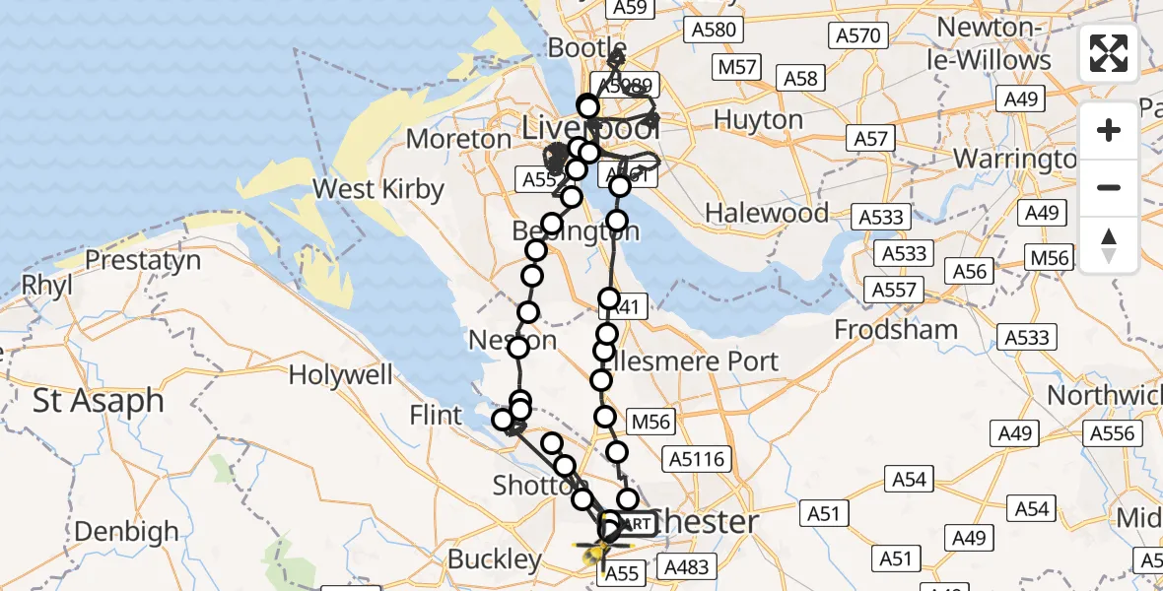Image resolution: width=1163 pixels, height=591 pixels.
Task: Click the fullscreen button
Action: tap(1109, 53)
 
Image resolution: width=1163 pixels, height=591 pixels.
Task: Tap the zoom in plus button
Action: tap(1109, 130)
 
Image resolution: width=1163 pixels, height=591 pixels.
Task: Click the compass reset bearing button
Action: tap(1109, 244)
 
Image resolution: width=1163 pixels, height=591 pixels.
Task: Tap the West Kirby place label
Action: tap(378, 188)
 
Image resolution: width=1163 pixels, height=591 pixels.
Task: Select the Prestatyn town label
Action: tap(143, 261)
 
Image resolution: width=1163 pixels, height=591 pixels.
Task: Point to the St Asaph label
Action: tap(99, 401)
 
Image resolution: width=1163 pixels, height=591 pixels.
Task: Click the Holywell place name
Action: tap(340, 375)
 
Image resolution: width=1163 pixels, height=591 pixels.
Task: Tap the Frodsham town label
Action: tap(896, 329)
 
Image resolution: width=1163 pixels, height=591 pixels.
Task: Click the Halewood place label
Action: tap(767, 213)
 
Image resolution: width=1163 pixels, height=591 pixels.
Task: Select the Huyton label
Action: tap(758, 120)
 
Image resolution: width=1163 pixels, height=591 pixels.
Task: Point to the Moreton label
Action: tap(458, 140)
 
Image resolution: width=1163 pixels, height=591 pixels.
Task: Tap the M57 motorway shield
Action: tap(737, 67)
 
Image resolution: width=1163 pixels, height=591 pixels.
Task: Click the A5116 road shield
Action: tap(697, 458)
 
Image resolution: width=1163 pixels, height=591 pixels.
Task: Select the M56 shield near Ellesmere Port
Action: tap(650, 423)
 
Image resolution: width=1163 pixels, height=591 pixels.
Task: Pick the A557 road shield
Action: tap(894, 291)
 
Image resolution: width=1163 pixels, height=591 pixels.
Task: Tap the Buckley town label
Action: tap(495, 559)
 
